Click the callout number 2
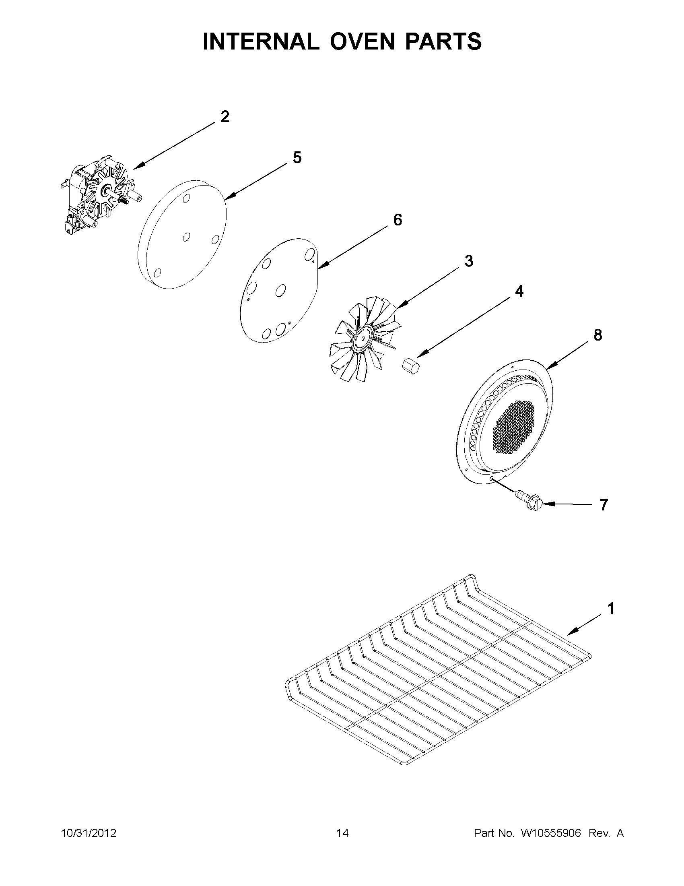225,117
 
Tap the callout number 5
297,158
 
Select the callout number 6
398,220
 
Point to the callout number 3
469,261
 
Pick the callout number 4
519,291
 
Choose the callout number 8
597,335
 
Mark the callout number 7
604,505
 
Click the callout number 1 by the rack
611,620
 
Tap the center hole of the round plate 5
186,237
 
